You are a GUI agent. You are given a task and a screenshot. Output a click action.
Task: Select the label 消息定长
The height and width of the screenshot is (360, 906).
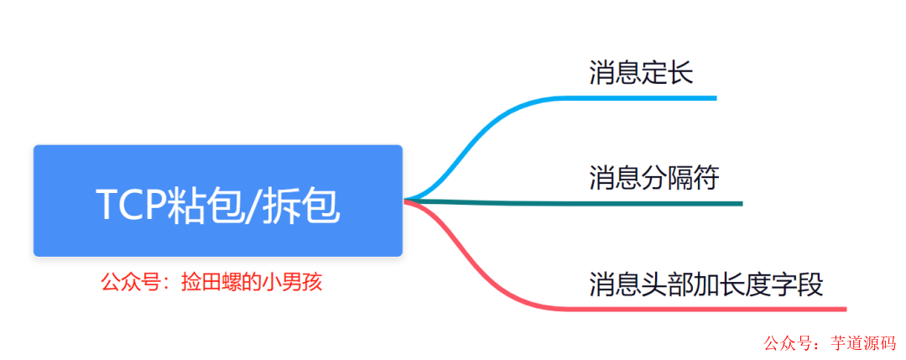pyautogui.click(x=641, y=73)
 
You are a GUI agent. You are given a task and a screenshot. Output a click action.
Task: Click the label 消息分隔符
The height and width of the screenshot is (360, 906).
pyautogui.click(x=653, y=177)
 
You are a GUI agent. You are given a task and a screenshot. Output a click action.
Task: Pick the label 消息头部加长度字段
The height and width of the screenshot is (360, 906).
pyautogui.click(x=706, y=283)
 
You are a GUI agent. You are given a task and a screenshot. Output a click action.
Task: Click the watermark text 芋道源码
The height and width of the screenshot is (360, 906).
pyautogui.click(x=863, y=343)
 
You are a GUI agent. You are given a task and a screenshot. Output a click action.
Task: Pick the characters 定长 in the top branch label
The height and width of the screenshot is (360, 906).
pyautogui.click(x=668, y=73)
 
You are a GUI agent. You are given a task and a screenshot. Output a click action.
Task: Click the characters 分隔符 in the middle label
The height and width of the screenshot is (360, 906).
pyautogui.click(x=680, y=177)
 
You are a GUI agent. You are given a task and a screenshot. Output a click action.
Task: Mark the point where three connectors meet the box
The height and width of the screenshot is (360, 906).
pyautogui.click(x=406, y=201)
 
